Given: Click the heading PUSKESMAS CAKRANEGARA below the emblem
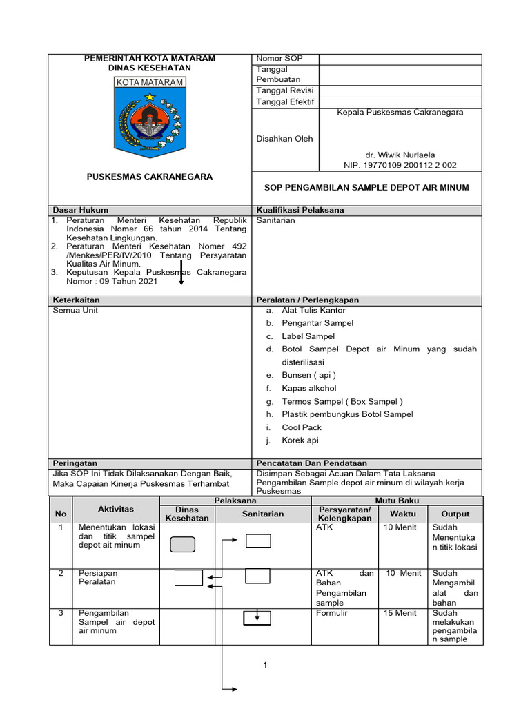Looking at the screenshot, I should pyautogui.click(x=149, y=177).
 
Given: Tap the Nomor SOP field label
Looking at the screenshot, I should pyautogui.click(x=279, y=59).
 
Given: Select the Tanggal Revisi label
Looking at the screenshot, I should pyautogui.click(x=285, y=90).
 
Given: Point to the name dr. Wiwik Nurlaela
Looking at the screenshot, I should pyautogui.click(x=400, y=155).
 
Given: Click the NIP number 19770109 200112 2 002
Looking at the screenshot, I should pyautogui.click(x=400, y=165).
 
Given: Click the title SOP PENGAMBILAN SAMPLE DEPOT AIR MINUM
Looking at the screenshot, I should pyautogui.click(x=366, y=187).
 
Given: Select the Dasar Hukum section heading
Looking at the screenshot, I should pyautogui.click(x=81, y=210).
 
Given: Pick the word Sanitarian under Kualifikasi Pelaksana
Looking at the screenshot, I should pyautogui.click(x=275, y=220).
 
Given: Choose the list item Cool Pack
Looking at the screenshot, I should pyautogui.click(x=302, y=427).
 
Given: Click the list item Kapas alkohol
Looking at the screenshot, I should pyautogui.click(x=309, y=388).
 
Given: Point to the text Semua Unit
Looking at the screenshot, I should pyautogui.click(x=76, y=311).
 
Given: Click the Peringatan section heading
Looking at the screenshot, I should pyautogui.click(x=75, y=463).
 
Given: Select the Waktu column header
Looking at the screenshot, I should pyautogui.click(x=403, y=514).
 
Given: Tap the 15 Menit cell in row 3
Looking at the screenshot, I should pyautogui.click(x=401, y=613).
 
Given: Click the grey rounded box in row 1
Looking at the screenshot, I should pyautogui.click(x=182, y=545).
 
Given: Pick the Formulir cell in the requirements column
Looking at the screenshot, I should pyautogui.click(x=332, y=613).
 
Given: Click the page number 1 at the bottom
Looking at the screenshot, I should pyautogui.click(x=264, y=665).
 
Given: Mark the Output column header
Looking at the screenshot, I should pyautogui.click(x=455, y=514).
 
